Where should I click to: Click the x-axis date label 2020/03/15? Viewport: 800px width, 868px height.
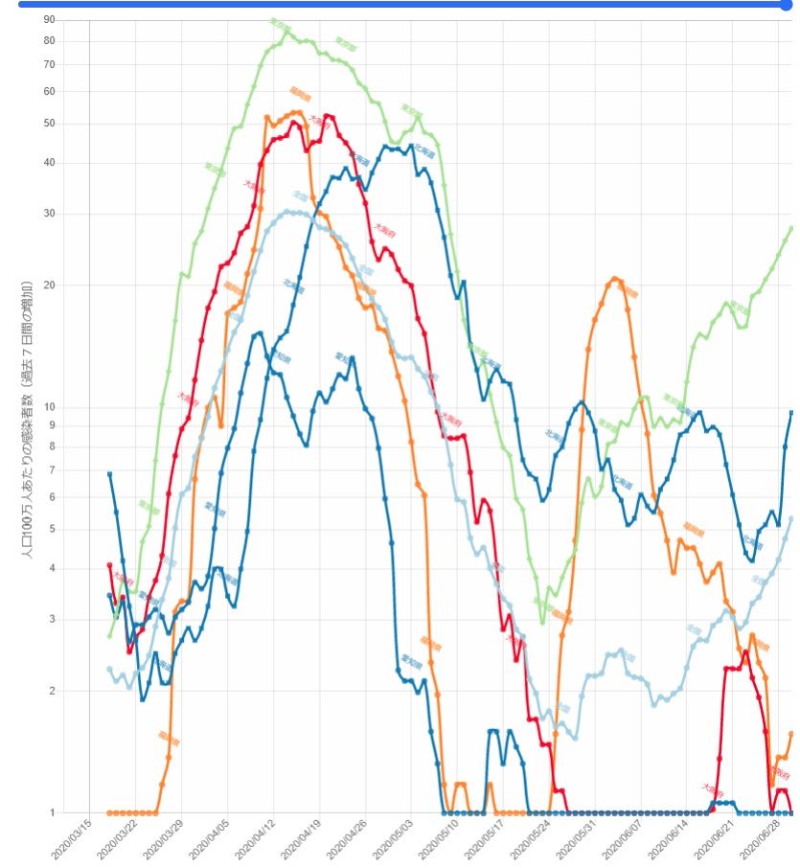[x=75, y=839]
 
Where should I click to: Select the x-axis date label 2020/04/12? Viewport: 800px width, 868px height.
[x=259, y=839]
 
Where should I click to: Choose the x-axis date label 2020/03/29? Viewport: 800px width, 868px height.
[x=167, y=839]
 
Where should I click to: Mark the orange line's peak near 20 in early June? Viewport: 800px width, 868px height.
[x=614, y=279]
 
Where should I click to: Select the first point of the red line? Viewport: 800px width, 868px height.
[x=109, y=565]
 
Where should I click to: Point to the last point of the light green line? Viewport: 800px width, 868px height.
[x=791, y=227]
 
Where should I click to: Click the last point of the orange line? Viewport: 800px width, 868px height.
[x=791, y=734]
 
